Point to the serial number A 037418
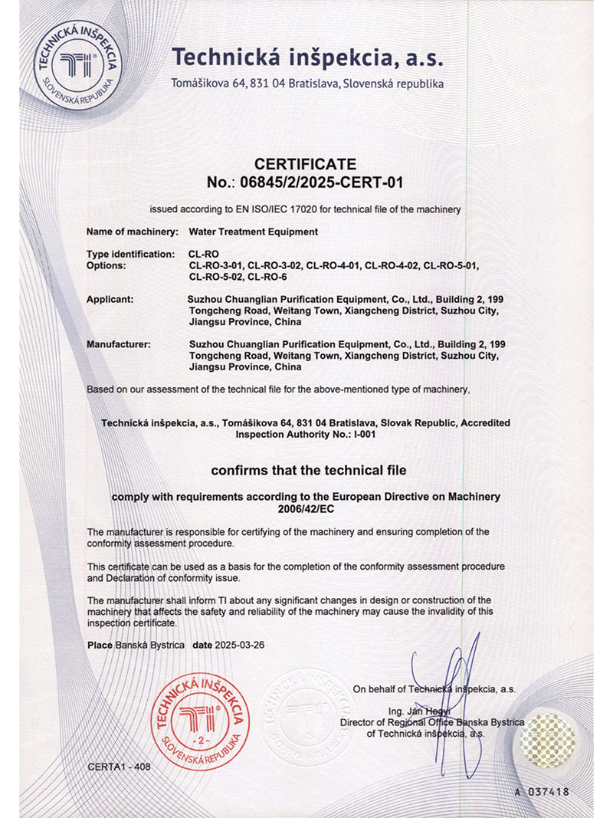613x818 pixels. (542, 791)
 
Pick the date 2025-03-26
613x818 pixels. (240, 646)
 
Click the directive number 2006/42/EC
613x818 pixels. (306, 508)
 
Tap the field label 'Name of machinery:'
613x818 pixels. (133, 232)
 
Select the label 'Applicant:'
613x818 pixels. (110, 299)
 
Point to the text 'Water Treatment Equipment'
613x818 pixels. (253, 232)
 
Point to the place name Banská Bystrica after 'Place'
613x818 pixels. (150, 646)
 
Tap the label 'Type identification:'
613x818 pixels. (132, 254)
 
